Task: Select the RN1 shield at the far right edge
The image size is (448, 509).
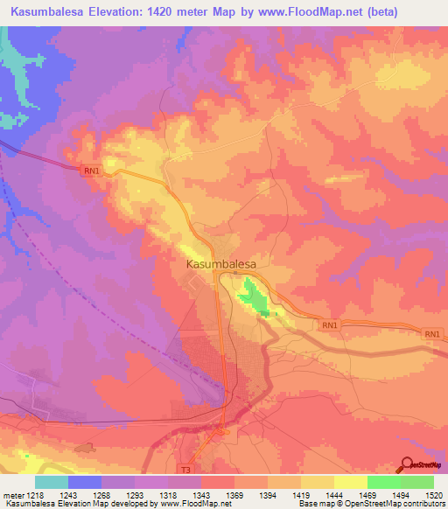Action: coord(432,334)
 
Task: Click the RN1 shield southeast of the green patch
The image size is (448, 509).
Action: coord(330,326)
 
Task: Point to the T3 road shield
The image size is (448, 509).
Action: coord(185,470)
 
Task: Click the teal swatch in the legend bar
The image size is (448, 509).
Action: coord(51,482)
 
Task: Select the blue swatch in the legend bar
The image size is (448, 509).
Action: coord(84,482)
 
